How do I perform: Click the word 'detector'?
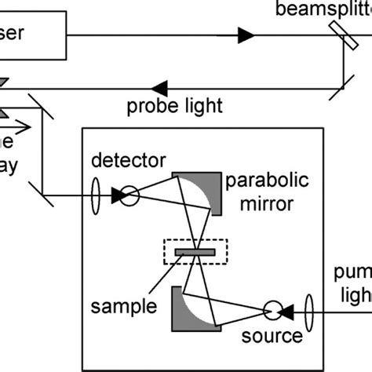click(128, 161)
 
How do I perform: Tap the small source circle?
click(275, 310)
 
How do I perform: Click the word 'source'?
click(271, 337)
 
